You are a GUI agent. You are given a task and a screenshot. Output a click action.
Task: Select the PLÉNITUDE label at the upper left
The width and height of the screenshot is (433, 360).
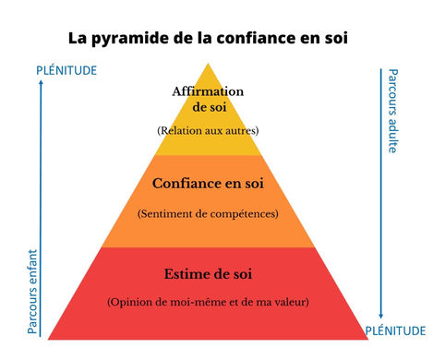(66, 70)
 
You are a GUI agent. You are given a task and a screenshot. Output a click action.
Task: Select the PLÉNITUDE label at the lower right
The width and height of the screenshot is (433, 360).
(395, 330)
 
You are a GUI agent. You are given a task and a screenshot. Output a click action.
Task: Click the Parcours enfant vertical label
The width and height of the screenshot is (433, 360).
(32, 292)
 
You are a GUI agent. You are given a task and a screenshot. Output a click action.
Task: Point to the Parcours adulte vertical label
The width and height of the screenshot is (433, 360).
(393, 111)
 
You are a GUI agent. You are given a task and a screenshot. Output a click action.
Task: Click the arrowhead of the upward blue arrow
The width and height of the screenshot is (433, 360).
(41, 82)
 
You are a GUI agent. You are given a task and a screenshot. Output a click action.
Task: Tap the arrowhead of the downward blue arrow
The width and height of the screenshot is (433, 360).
(381, 316)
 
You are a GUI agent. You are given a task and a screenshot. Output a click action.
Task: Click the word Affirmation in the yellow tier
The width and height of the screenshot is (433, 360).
(208, 91)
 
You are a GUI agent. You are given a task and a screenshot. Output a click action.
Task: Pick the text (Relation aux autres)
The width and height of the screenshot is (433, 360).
(208, 131)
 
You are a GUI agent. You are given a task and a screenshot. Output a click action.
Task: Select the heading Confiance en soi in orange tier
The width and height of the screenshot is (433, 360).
(208, 184)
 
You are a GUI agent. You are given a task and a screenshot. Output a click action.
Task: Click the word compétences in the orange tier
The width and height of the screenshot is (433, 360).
(244, 214)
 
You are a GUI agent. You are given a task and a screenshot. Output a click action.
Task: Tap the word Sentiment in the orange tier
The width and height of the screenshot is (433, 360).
(165, 214)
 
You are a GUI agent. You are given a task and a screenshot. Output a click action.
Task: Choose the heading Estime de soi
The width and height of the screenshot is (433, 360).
(208, 274)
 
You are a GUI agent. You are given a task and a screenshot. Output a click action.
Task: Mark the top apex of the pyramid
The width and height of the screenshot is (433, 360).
(209, 64)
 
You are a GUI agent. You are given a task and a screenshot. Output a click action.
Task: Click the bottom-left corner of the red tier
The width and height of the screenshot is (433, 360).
(48, 340)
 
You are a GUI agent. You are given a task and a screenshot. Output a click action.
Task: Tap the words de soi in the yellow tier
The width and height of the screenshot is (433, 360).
(210, 107)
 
